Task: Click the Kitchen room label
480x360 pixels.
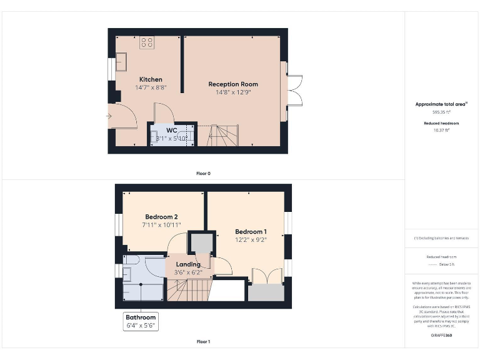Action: click(151, 79)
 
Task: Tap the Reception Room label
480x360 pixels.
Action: click(233, 84)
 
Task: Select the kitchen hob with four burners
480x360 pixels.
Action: click(147, 42)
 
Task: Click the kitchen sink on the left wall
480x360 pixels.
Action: click(121, 62)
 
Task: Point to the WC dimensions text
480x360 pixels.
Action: click(171, 138)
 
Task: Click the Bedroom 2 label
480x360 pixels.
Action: click(162, 217)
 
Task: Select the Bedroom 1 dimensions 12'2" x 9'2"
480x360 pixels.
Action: click(251, 239)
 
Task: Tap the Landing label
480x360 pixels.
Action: click(188, 264)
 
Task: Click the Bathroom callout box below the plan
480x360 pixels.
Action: click(140, 321)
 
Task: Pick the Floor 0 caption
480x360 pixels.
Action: click(203, 173)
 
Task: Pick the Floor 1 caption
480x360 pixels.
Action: click(203, 342)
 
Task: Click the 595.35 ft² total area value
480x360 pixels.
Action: click(442, 112)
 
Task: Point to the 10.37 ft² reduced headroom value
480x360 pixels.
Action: click(442, 129)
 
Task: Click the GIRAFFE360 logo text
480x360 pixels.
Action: click(442, 336)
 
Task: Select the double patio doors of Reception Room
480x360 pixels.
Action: click(294, 91)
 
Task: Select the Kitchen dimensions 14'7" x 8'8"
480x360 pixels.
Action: click(151, 87)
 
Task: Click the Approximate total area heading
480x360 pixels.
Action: click(442, 104)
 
